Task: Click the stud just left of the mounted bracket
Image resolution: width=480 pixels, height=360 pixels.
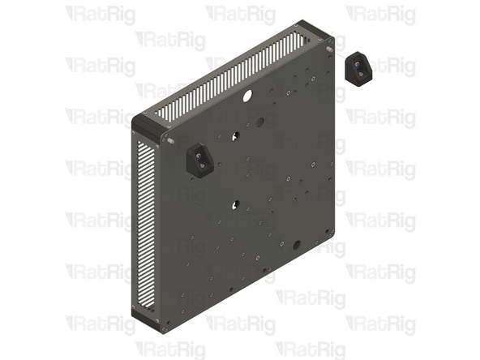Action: [x=172, y=141]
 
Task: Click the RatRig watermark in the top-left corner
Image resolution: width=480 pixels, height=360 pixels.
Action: [x=100, y=14]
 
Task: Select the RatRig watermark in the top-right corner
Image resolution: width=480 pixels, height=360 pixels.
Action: [x=380, y=14]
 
